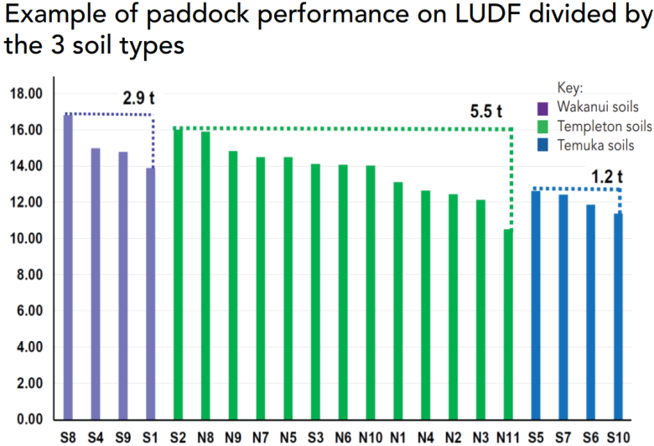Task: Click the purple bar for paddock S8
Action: click(x=68, y=267)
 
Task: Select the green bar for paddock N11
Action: click(x=508, y=324)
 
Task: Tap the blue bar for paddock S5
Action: click(x=536, y=305)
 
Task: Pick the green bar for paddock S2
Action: click(x=178, y=274)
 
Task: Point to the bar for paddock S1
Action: click(x=151, y=293)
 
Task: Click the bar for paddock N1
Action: click(x=398, y=301)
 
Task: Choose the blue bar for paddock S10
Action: click(x=618, y=317)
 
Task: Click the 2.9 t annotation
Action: click(x=138, y=98)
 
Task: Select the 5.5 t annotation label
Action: click(x=486, y=111)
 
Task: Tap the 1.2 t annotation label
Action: click(x=607, y=177)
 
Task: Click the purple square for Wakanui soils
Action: click(x=542, y=109)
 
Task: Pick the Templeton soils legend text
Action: click(x=605, y=126)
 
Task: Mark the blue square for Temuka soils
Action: click(x=542, y=145)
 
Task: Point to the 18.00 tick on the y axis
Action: click(x=26, y=93)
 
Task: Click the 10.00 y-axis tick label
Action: click(x=26, y=238)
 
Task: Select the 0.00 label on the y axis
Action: click(x=29, y=419)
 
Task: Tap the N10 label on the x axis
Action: click(x=371, y=438)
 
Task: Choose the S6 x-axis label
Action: click(x=590, y=438)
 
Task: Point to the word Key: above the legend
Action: click(x=570, y=88)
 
